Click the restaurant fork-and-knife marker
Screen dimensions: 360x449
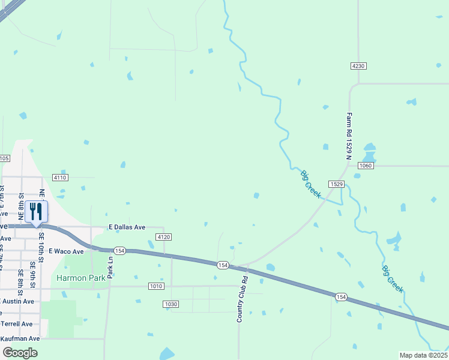point(36,212)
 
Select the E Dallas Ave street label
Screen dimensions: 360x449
point(127,227)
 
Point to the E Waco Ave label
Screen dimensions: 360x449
point(66,251)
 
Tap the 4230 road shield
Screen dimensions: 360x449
point(358,65)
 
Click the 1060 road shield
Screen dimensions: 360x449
point(366,165)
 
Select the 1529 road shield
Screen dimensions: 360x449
point(336,184)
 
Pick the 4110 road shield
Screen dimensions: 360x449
point(60,178)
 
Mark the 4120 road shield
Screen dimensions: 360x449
point(164,237)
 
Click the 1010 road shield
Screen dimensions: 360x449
point(156,286)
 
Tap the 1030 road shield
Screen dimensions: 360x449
point(170,304)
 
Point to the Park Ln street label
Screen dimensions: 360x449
point(110,266)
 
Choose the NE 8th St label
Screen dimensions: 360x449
point(21,204)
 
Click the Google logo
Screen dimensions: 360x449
point(20,353)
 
